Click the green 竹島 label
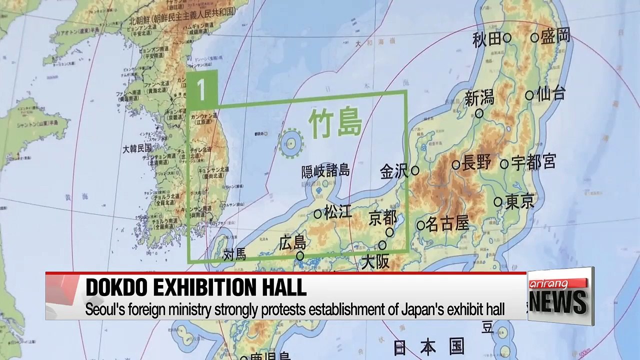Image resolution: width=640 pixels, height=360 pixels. click(334, 123)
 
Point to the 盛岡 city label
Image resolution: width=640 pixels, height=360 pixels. click(555, 36)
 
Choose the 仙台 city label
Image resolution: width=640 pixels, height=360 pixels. click(551, 94)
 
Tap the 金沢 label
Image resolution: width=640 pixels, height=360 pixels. click(394, 171)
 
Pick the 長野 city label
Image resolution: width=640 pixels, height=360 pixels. click(477, 163)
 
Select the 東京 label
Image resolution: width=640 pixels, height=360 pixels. click(519, 201)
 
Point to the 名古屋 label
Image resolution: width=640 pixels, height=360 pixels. click(448, 224)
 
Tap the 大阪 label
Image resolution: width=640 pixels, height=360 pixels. click(375, 261)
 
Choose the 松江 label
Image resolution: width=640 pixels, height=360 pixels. click(338, 212)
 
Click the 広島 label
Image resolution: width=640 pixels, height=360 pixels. click(292, 243)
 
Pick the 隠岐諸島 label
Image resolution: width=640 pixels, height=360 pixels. click(325, 171)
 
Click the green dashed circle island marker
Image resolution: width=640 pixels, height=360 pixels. click(290, 141)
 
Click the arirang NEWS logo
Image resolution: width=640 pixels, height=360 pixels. click(559, 295)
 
